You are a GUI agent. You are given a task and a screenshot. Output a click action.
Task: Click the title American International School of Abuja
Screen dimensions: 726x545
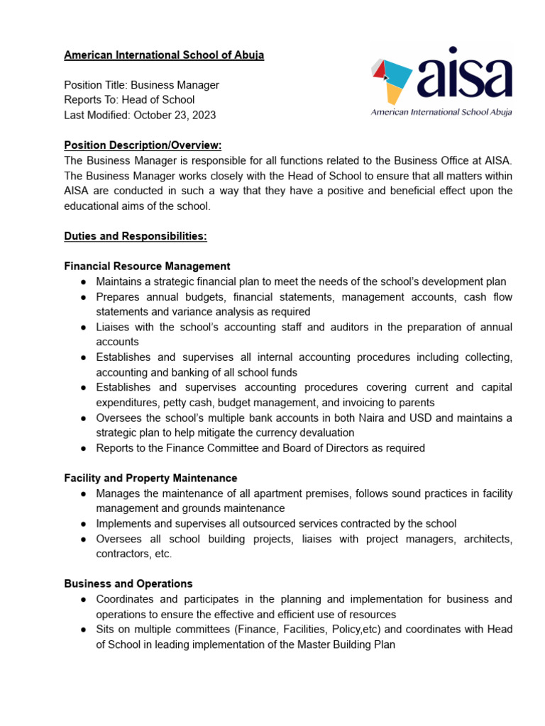164,55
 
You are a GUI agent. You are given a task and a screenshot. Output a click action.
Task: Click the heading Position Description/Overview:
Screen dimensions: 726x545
143,145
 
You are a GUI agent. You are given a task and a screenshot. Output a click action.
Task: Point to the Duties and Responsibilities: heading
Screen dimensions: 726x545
135,236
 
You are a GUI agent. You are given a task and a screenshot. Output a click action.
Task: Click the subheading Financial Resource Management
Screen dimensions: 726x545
147,266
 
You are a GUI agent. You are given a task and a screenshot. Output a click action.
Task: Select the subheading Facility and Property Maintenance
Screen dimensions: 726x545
150,478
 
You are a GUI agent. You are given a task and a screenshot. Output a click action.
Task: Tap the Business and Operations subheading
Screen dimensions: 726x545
128,583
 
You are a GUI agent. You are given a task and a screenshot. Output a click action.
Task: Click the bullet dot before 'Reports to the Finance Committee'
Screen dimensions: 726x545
83,448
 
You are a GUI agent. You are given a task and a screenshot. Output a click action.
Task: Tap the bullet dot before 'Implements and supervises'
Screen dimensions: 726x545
83,524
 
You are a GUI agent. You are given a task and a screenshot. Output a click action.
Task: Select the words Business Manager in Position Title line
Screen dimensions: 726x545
180,85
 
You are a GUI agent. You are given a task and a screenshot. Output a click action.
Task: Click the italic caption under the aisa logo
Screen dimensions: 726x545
441,112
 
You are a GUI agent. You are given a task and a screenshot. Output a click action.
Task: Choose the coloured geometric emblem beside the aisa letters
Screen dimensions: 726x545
392,78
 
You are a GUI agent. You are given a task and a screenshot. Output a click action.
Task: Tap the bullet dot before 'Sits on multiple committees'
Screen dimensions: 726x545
83,630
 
